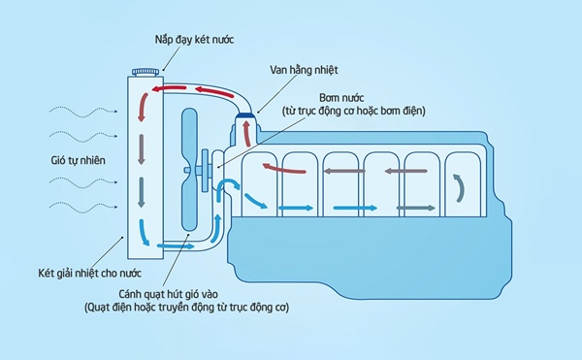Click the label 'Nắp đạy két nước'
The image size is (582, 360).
[x=194, y=40]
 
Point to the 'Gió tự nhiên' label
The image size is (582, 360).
[x=79, y=158]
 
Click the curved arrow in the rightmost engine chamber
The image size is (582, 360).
[x=459, y=184]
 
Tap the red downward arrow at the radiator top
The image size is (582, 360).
[x=144, y=105]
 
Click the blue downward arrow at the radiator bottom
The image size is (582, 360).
[x=145, y=229]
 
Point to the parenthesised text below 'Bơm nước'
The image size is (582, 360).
[x=354, y=112]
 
